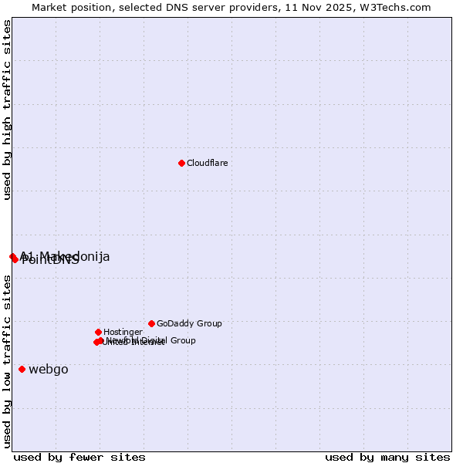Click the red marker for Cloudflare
click(x=181, y=163)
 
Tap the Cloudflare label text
click(x=207, y=163)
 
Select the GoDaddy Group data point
click(x=151, y=323)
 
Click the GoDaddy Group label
click(x=189, y=323)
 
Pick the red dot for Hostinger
click(x=98, y=332)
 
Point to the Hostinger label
click(x=123, y=332)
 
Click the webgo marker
click(x=22, y=369)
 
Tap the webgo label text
click(x=49, y=369)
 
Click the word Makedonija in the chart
click(x=75, y=256)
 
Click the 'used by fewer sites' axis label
click(x=79, y=457)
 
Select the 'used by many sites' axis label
click(x=387, y=457)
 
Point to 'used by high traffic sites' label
click(x=7, y=110)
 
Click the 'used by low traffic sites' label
click(x=7, y=361)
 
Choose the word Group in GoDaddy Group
click(x=208, y=323)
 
